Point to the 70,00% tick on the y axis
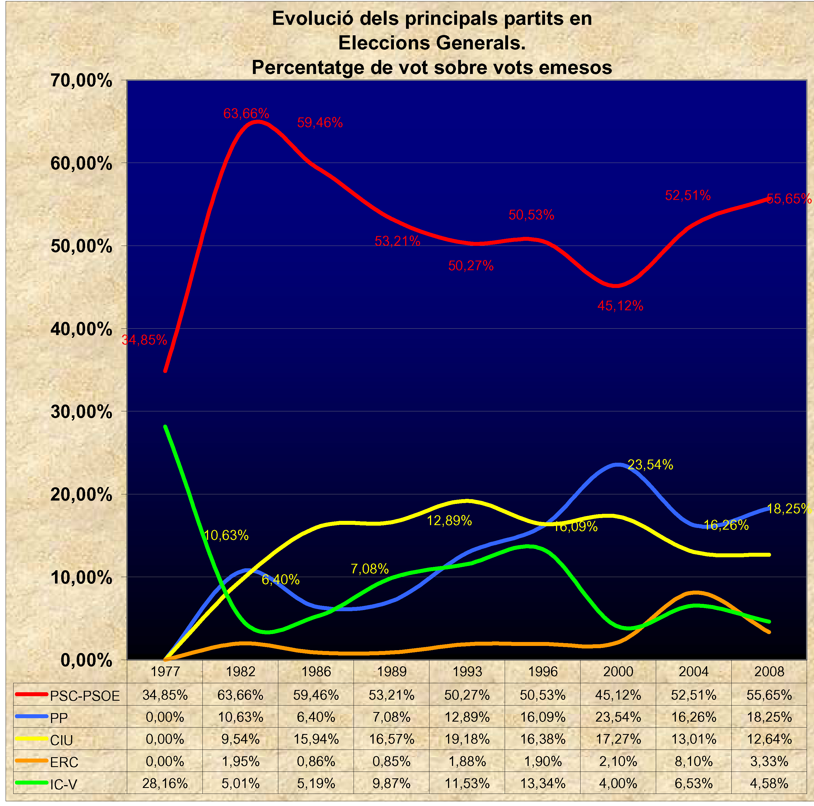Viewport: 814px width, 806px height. pyautogui.click(x=81, y=80)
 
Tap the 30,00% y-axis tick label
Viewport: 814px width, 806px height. pyautogui.click(x=81, y=412)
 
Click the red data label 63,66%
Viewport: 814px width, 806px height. pyautogui.click(x=246, y=113)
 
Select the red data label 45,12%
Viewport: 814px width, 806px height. pyautogui.click(x=620, y=306)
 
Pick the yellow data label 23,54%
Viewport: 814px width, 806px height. pyautogui.click(x=650, y=465)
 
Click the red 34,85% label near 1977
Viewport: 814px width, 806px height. pyautogui.click(x=144, y=340)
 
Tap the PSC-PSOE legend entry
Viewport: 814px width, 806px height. pyautogui.click(x=84, y=696)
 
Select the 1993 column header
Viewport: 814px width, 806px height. pyautogui.click(x=467, y=671)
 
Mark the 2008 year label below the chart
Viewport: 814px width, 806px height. pyautogui.click(x=769, y=671)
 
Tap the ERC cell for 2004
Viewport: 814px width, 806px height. pyautogui.click(x=694, y=761)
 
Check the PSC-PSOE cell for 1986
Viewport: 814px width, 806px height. pyautogui.click(x=316, y=695)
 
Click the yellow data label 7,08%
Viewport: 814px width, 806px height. pyautogui.click(x=370, y=569)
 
